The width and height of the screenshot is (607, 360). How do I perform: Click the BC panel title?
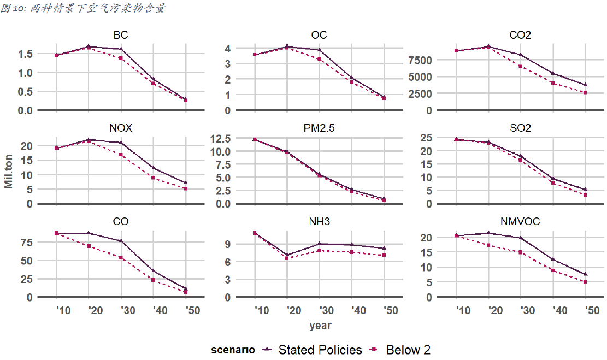[121, 36]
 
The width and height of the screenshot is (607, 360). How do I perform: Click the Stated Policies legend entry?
[320, 350]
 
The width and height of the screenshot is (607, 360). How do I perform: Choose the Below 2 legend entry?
[408, 350]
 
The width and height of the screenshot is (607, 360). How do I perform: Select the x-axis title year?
[320, 326]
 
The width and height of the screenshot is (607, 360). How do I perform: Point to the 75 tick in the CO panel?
[27, 242]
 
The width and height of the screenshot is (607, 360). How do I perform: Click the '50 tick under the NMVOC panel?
[585, 310]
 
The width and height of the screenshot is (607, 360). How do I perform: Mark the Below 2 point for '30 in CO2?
[521, 67]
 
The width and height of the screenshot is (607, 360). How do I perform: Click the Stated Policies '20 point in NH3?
[287, 255]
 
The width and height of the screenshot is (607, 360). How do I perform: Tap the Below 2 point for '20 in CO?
[89, 246]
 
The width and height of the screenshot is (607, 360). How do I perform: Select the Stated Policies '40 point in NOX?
[154, 168]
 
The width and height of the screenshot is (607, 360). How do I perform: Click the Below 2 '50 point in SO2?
[585, 195]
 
